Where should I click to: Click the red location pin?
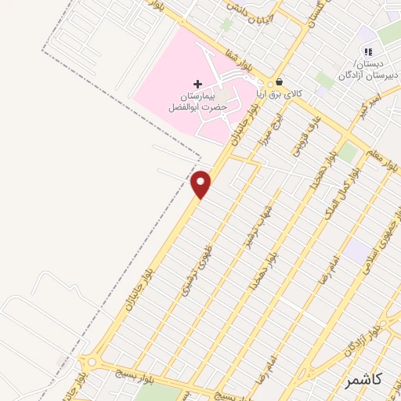pos(201,185)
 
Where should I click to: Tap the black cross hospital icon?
pos(197,83)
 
